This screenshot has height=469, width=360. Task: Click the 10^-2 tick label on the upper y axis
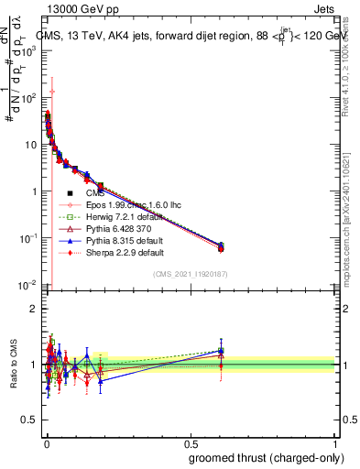tap(27, 285)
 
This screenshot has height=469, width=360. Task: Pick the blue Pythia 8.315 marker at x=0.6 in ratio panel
tap(220, 350)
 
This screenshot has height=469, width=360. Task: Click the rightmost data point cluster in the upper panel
tap(220, 246)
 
